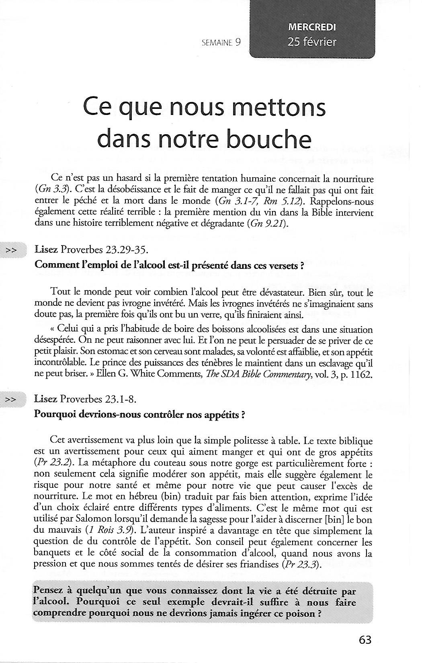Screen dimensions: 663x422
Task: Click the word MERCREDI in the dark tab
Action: pos(312,27)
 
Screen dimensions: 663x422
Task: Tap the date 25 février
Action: pos(312,42)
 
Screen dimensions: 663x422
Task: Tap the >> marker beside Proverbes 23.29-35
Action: pos(11,250)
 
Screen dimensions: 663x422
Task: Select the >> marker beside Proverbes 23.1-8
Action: pos(11,399)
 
